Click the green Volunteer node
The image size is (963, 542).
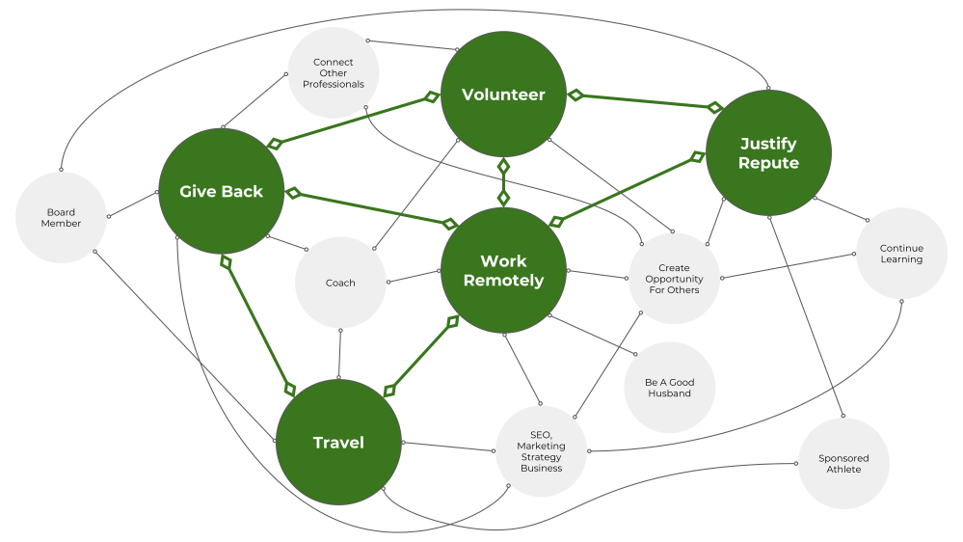(x=503, y=95)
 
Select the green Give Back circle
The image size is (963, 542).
(x=221, y=191)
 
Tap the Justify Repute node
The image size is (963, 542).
(x=768, y=153)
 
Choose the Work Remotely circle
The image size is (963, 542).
(x=503, y=270)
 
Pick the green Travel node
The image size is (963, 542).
(x=338, y=443)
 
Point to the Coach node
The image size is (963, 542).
(x=340, y=283)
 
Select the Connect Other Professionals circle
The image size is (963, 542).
(x=334, y=73)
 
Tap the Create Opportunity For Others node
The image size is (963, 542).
(x=674, y=279)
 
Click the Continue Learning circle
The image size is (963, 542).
(x=901, y=254)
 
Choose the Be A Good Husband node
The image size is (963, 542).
(x=669, y=388)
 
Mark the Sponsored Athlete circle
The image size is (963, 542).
(x=843, y=464)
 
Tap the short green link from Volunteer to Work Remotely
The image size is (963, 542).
(x=503, y=181)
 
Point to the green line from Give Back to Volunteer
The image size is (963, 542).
(x=351, y=121)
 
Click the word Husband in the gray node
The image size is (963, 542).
(x=669, y=393)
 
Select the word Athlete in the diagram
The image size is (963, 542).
(x=843, y=470)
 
